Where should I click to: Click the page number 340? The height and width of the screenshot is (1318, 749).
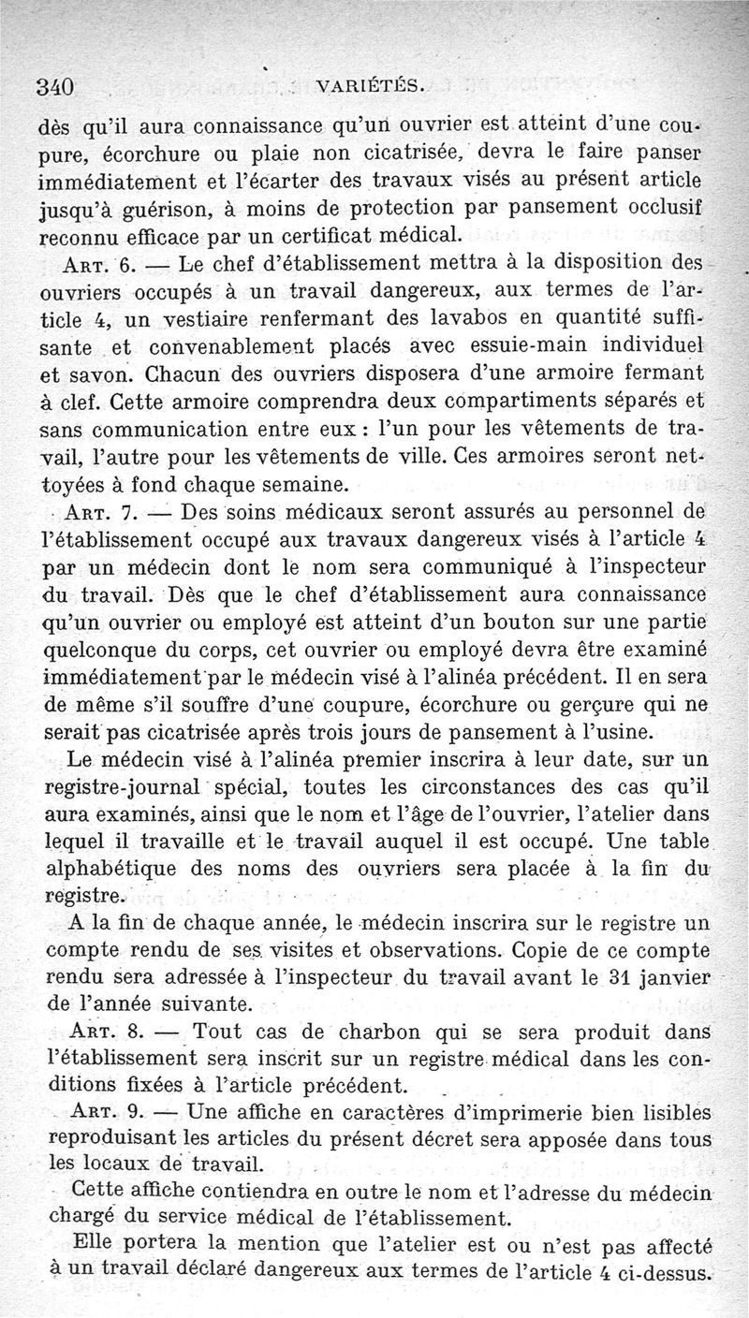tap(54, 87)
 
